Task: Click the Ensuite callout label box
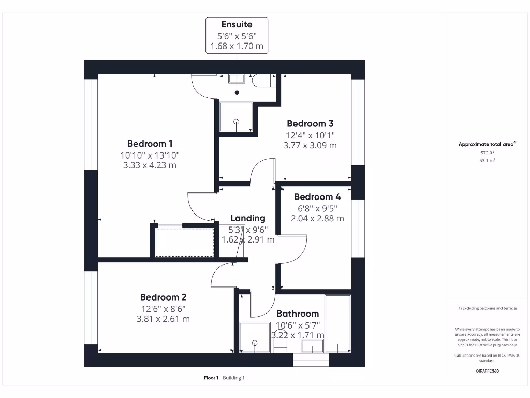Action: click(x=237, y=35)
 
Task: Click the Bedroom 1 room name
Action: click(x=150, y=144)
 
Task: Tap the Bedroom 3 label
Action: click(x=310, y=123)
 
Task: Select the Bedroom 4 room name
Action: click(x=317, y=197)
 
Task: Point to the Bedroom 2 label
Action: click(x=163, y=297)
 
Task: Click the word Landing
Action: click(x=248, y=218)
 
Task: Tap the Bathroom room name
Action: click(x=298, y=314)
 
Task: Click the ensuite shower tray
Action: click(x=237, y=117)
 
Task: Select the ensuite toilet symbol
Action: click(x=263, y=81)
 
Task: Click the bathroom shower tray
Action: click(x=255, y=337)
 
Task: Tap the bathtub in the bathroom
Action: click(x=337, y=324)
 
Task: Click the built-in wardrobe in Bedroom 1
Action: click(x=185, y=241)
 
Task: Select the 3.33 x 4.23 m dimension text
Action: click(x=150, y=165)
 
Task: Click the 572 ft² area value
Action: click(x=488, y=153)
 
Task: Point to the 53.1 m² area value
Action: click(x=488, y=161)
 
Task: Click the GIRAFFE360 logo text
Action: click(x=488, y=371)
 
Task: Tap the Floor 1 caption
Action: click(x=211, y=378)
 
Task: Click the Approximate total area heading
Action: click(x=487, y=145)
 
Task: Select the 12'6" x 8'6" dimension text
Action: click(x=163, y=309)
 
